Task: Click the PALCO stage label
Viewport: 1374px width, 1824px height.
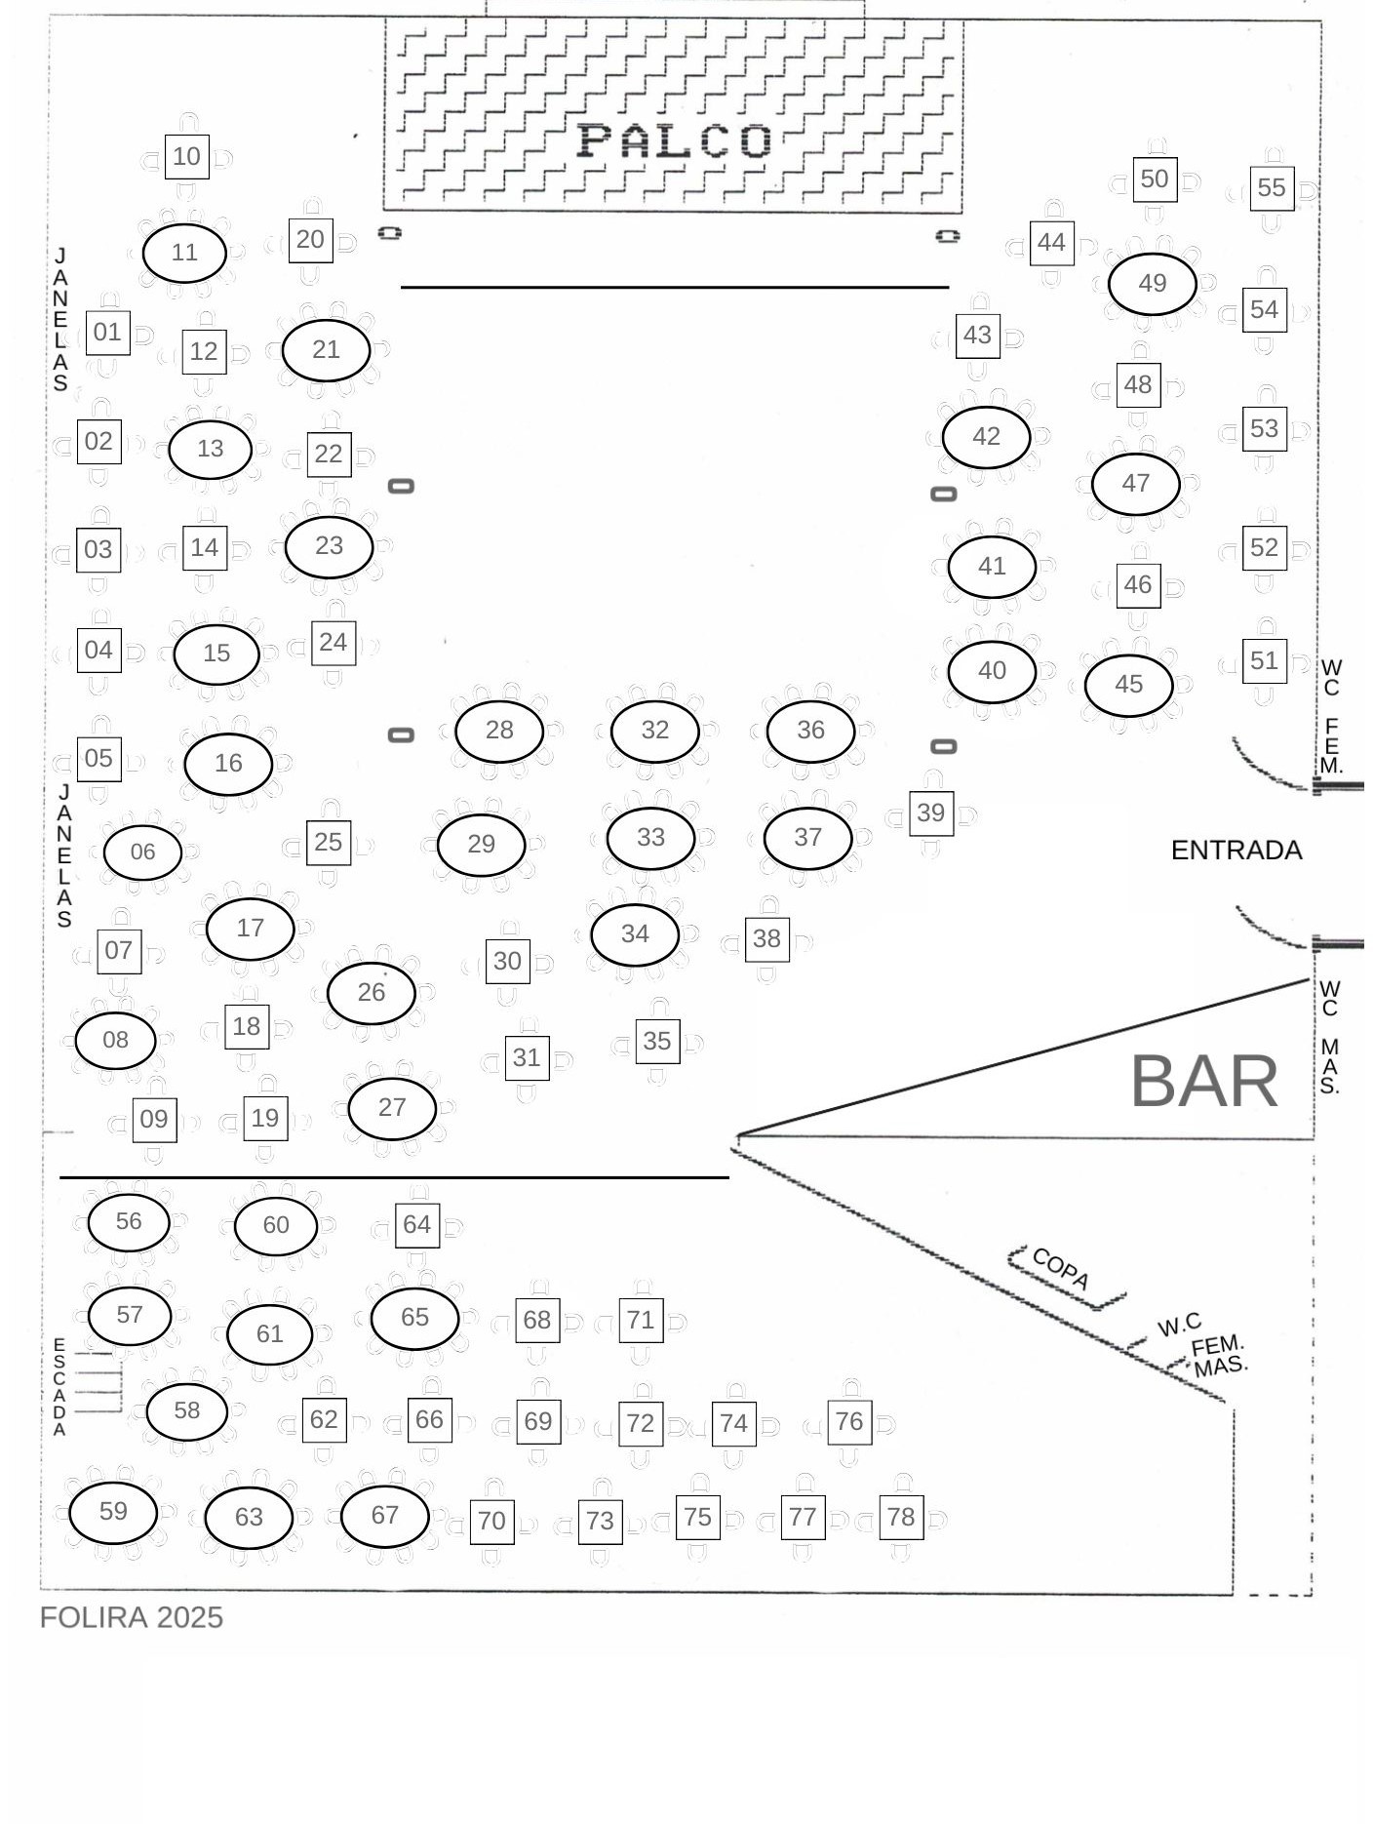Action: (675, 140)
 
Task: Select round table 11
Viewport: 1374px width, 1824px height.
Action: (184, 253)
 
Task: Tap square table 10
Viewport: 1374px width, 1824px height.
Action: (186, 157)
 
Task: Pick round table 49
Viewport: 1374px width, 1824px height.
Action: (1153, 284)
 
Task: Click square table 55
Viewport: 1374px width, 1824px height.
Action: (1272, 188)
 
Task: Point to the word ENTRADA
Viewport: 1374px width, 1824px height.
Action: (1237, 851)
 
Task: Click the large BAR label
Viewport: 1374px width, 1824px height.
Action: (1204, 1082)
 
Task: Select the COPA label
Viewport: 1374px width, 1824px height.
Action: (1061, 1268)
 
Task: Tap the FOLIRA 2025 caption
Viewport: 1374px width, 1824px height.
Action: (132, 1617)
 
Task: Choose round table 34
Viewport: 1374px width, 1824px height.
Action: (635, 934)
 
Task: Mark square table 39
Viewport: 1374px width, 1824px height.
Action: (931, 813)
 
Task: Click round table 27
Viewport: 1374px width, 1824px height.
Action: (392, 1108)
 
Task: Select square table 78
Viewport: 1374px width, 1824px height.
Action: (901, 1518)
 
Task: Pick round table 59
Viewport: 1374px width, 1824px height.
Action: (113, 1512)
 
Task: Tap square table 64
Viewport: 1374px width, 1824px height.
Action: (417, 1225)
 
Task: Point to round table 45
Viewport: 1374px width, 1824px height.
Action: (1129, 685)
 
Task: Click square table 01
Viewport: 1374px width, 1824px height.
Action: (107, 333)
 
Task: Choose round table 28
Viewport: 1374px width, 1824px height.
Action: (499, 731)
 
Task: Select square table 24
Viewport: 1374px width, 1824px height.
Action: (334, 643)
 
